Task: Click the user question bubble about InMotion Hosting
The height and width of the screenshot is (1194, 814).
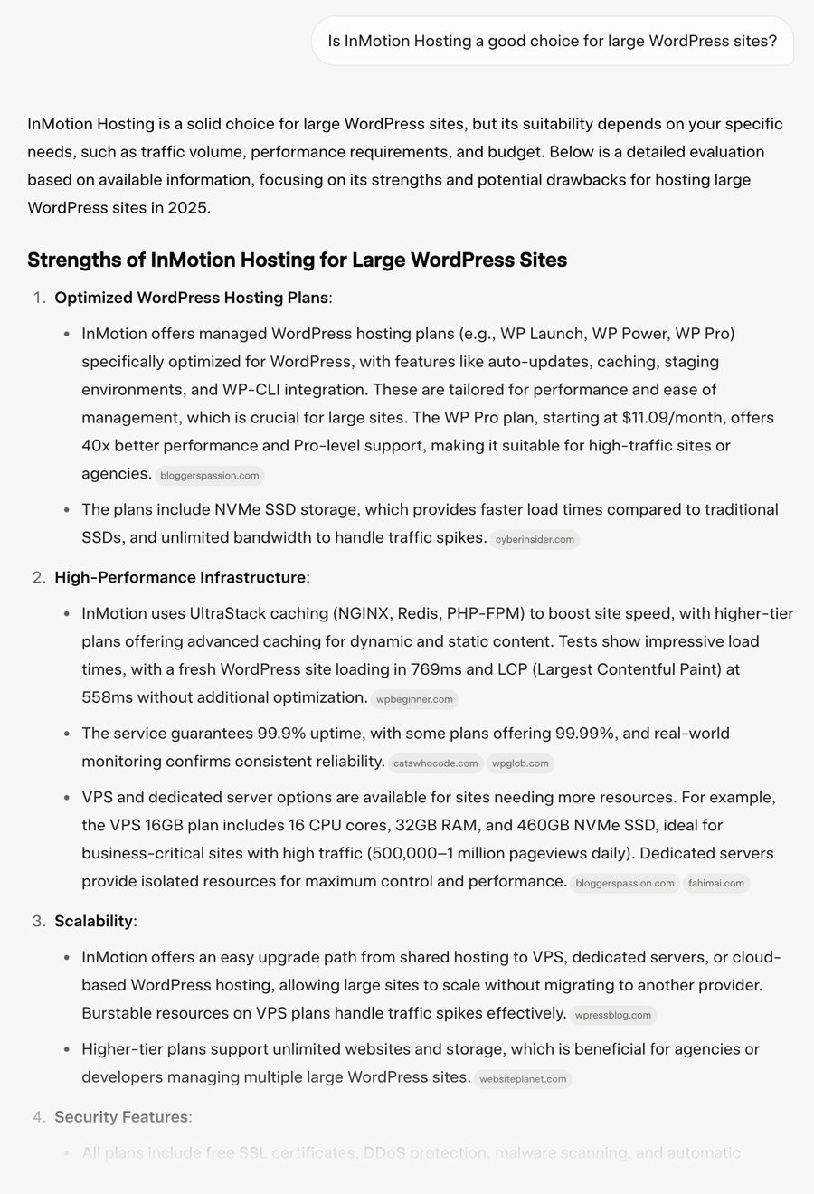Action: point(552,41)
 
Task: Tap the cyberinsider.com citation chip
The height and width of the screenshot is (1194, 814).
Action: point(534,539)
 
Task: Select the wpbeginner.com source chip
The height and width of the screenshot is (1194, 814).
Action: point(414,699)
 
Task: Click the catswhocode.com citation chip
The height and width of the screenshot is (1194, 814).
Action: point(435,763)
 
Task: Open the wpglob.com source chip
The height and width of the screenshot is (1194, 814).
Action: point(520,763)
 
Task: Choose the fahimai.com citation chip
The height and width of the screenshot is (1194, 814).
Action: point(715,883)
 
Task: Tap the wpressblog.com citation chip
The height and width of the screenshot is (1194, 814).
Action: point(613,1015)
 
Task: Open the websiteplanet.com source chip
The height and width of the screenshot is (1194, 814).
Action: point(523,1078)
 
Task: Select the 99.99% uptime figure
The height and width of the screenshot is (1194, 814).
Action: point(555,733)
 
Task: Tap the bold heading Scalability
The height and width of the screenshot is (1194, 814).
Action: point(93,921)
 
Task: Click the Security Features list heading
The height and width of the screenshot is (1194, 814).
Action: point(122,1117)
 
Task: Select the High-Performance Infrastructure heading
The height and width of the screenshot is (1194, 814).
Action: point(180,577)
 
